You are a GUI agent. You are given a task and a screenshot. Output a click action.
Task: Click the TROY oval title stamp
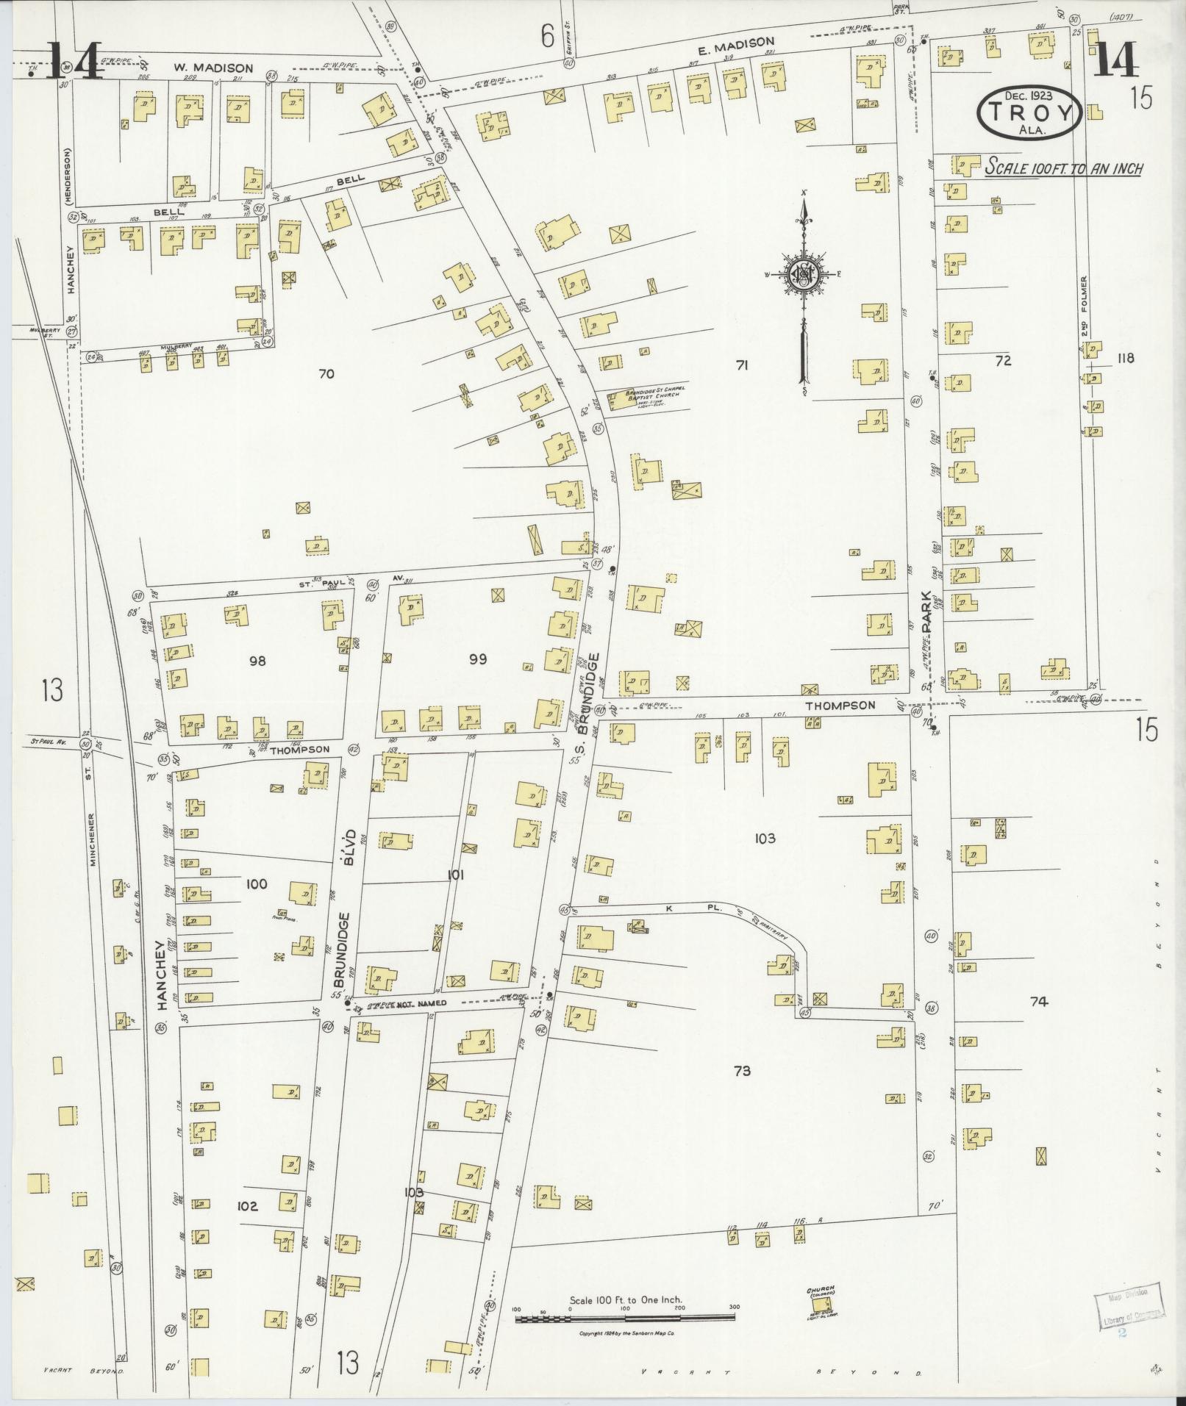pyautogui.click(x=1029, y=114)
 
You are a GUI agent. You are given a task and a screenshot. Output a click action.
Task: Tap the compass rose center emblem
pyautogui.click(x=804, y=273)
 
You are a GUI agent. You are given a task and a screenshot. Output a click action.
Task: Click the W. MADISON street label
pyautogui.click(x=213, y=68)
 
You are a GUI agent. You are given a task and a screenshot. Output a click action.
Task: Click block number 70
pyautogui.click(x=326, y=374)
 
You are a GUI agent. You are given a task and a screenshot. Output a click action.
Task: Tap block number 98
pyautogui.click(x=257, y=661)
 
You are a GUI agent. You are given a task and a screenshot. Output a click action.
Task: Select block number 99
pyautogui.click(x=478, y=659)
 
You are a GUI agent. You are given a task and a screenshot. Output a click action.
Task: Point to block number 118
pyautogui.click(x=1125, y=358)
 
